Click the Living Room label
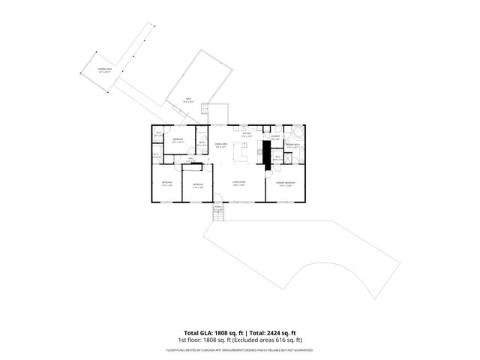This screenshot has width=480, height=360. [x=239, y=183]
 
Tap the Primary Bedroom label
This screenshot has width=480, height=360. [x=285, y=183]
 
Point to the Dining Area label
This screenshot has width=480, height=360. [x=221, y=145]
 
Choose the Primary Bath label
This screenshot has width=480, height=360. [x=292, y=145]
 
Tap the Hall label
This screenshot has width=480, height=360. [x=191, y=160]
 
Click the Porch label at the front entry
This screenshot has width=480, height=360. [x=218, y=208]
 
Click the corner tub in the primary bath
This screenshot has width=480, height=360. [x=298, y=129]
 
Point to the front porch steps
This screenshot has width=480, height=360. [x=219, y=217]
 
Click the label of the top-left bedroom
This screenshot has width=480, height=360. [x=178, y=141]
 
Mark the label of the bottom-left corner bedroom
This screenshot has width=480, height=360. [x=167, y=184]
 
